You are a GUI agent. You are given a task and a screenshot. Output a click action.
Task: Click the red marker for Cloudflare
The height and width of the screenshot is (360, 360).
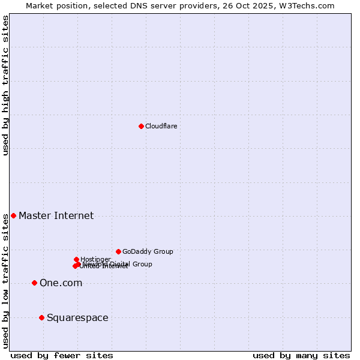pyautogui.click(x=141, y=126)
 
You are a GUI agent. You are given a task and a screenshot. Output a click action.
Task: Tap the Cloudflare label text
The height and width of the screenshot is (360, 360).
pyautogui.click(x=161, y=126)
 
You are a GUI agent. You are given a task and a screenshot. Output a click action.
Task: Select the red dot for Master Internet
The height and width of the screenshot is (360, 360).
pyautogui.click(x=13, y=215)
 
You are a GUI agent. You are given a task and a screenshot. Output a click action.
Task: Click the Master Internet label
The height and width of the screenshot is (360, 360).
pyautogui.click(x=56, y=216)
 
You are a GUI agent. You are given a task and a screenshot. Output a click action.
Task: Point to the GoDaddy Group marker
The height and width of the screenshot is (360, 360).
pyautogui.click(x=118, y=251)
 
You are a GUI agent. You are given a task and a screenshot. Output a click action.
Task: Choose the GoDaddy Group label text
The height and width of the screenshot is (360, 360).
pyautogui.click(x=148, y=251)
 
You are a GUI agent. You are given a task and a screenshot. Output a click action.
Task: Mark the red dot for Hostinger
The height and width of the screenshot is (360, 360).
pyautogui.click(x=76, y=259)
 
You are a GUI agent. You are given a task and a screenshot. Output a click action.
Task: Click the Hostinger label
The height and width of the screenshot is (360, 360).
pyautogui.click(x=95, y=259)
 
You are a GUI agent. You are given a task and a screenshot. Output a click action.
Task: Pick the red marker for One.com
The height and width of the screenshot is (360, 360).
pyautogui.click(x=34, y=283)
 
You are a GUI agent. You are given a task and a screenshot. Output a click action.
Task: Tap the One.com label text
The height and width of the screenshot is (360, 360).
pyautogui.click(x=61, y=283)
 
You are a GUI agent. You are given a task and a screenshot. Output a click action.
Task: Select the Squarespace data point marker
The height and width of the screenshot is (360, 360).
pyautogui.click(x=41, y=317)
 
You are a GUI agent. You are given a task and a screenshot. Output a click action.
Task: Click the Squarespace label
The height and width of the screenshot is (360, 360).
pyautogui.click(x=77, y=318)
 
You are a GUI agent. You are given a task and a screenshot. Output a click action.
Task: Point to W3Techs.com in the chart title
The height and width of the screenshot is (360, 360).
pyautogui.click(x=309, y=5)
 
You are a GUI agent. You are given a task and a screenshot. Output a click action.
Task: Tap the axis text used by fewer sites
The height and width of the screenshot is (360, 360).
pyautogui.click(x=62, y=355)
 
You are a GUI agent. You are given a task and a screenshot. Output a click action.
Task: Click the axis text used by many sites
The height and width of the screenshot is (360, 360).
pyautogui.click(x=301, y=355)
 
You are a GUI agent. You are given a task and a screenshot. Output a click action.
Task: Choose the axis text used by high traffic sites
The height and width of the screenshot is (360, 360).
pyautogui.click(x=5, y=85)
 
